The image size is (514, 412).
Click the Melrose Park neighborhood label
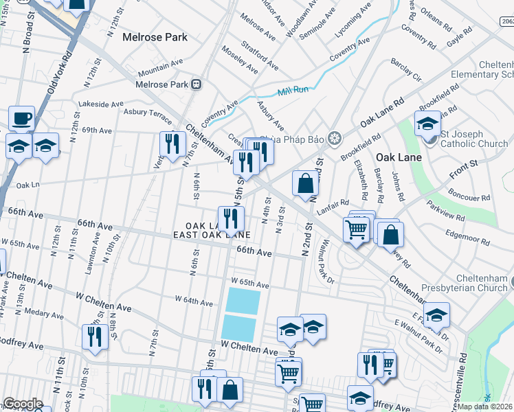[155, 37]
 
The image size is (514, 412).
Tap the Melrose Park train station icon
[196, 84]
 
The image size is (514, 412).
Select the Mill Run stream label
[294, 92]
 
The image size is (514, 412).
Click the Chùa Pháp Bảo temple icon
[334, 138]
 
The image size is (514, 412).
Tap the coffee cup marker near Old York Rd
[21, 118]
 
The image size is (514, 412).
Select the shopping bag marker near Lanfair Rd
[305, 183]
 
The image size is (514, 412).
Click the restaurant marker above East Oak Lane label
[231, 218]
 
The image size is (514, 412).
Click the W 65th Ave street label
[249, 282]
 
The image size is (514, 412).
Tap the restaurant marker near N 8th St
[94, 336]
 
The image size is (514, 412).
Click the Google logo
[23, 404]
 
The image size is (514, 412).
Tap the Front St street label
[465, 165]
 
